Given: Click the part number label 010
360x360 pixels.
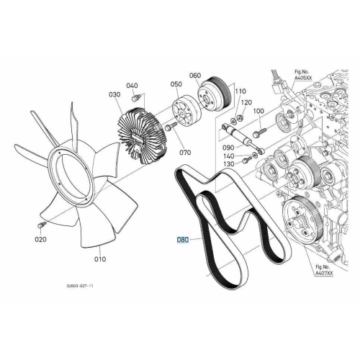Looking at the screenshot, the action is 100,259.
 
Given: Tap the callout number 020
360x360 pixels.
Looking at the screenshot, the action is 41,239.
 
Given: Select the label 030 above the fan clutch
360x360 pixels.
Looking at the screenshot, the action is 114,94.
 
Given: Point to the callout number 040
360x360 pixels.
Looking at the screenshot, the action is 132,86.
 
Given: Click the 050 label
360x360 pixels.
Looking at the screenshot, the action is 176,84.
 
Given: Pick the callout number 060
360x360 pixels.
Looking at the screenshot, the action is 195,76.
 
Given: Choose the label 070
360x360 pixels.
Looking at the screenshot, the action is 185,153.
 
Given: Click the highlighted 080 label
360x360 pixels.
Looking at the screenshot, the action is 183,240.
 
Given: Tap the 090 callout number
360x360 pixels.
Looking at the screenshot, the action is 228,148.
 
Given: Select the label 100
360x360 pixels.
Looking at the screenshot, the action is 258,111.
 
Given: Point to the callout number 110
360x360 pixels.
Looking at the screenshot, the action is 240,91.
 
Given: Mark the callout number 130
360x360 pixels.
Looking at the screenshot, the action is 228,164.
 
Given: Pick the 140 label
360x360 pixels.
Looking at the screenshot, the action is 228,156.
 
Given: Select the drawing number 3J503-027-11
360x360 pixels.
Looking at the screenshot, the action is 80,286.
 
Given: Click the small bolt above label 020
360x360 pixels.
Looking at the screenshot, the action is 42,225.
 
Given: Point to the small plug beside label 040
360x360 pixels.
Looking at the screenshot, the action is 136,98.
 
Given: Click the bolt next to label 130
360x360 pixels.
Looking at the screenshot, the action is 248,159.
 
